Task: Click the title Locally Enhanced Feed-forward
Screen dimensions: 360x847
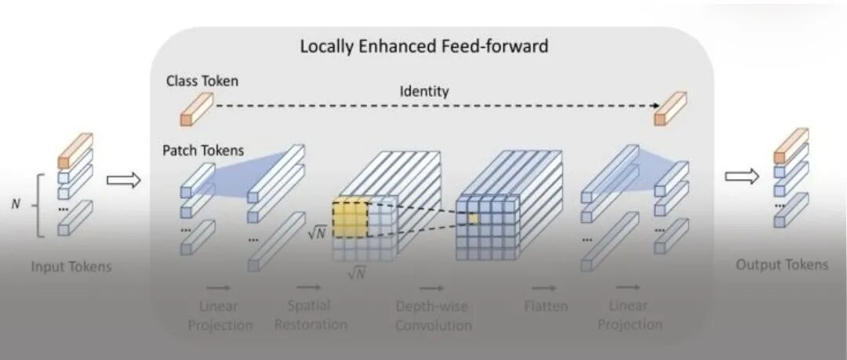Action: (423, 46)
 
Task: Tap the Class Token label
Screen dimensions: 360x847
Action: (202, 81)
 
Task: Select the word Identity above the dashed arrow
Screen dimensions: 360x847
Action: (424, 91)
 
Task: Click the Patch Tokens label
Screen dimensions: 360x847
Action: (204, 149)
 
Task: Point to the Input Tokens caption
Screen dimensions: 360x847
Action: (71, 266)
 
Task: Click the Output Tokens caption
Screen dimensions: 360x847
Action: (781, 264)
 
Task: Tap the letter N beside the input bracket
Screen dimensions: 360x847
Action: (15, 204)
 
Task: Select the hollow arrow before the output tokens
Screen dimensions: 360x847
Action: (741, 176)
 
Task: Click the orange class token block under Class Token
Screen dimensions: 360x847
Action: (197, 109)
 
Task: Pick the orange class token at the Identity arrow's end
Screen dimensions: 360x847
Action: (671, 108)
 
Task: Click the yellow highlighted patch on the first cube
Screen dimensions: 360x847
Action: (350, 219)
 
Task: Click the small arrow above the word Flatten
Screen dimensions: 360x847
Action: (546, 288)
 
